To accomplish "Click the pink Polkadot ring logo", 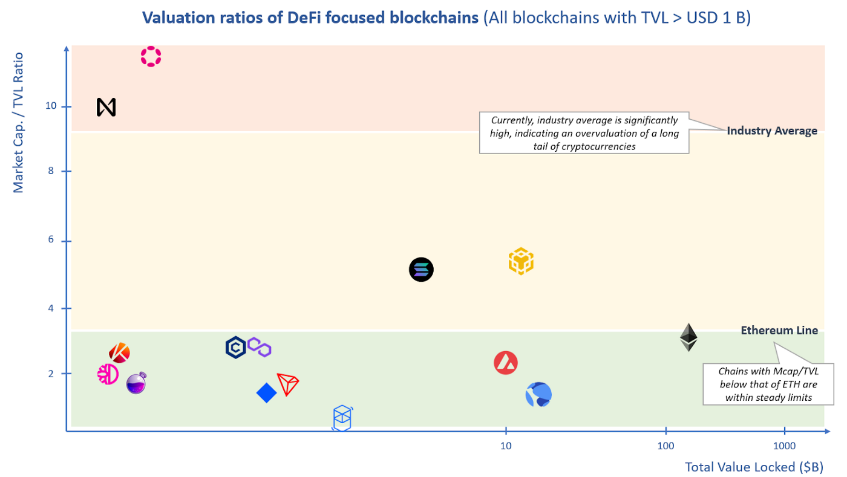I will coord(151,57).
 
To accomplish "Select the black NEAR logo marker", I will coord(106,108).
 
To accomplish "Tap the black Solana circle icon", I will coord(421,270).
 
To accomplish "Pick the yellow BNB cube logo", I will coord(520,261).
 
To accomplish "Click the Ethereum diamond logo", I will coord(688,337).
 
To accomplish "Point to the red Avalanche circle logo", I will coord(506,363).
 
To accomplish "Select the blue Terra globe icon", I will coord(538,395).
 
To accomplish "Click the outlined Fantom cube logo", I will coord(342,418).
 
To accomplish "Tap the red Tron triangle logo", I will coord(288,384).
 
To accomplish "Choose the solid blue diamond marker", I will coord(266,393).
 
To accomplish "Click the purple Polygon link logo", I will coord(259,348).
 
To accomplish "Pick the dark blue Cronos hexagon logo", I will coord(235,348).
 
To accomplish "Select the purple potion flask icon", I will coord(136,383).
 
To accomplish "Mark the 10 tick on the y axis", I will coord(50,106).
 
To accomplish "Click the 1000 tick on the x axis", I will coord(784,446).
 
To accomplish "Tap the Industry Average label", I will coord(772,131).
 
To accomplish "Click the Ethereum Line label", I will coord(779,330).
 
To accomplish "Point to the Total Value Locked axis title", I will coord(754,467).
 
